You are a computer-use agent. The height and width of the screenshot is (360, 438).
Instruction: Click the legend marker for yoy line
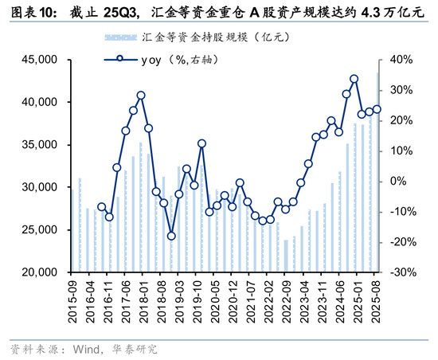point(119,58)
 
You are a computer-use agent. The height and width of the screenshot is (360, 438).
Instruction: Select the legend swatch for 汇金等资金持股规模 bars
point(119,38)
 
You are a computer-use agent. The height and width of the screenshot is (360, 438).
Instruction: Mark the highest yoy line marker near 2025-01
point(354,79)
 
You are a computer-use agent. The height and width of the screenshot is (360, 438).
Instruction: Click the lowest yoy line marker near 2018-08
point(171,236)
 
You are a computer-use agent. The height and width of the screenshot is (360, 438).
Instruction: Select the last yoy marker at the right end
point(377,109)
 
